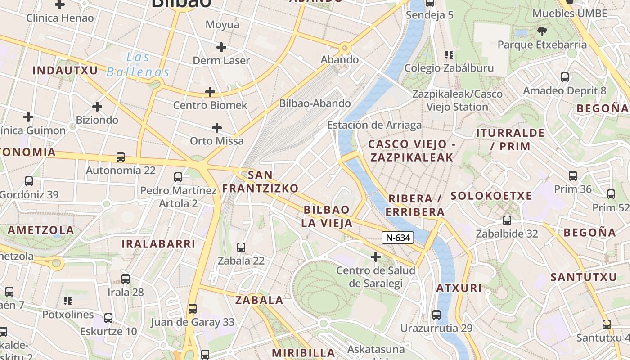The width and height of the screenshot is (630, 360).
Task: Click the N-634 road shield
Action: tap(398, 238)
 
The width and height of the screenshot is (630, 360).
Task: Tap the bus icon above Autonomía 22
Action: tap(121, 157)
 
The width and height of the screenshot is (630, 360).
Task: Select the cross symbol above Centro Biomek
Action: tap(210, 92)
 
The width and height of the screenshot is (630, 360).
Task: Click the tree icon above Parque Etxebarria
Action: tap(542, 31)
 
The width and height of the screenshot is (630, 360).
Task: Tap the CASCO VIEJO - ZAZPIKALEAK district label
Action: tap(411, 151)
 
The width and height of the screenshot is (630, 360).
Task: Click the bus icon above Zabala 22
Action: tap(241, 247)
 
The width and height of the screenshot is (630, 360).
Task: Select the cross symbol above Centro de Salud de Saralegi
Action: tap(376, 257)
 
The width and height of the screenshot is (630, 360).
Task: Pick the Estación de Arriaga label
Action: tap(374, 125)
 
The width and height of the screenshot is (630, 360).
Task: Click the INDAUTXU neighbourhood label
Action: tap(65, 71)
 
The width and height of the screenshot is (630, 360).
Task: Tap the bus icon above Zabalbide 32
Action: tap(507, 220)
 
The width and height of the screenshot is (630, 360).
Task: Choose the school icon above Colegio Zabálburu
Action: tap(449, 55)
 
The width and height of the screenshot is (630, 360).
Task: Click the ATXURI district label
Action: tap(459, 288)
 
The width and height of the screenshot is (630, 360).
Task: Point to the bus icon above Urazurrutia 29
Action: tap(436, 315)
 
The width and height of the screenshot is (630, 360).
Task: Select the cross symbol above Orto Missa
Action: tap(217, 128)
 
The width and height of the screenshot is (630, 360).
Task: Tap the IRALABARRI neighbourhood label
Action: tap(158, 244)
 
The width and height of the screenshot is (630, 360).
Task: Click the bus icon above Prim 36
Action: tap(573, 176)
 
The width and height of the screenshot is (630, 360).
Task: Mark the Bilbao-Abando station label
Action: tap(315, 103)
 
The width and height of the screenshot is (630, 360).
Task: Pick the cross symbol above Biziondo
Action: tap(97, 107)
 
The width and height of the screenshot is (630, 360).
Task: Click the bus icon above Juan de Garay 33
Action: tap(193, 309)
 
